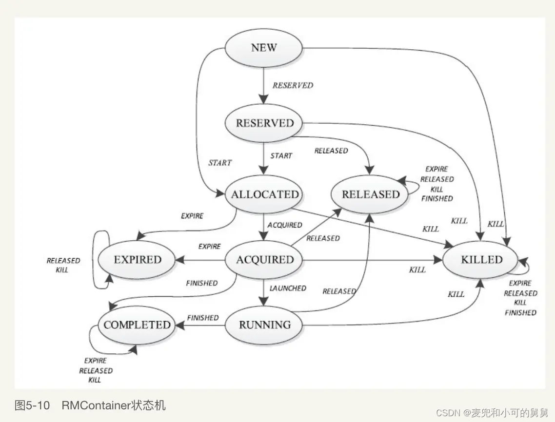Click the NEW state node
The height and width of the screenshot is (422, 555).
tap(264, 48)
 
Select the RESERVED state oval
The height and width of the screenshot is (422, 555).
tap(265, 123)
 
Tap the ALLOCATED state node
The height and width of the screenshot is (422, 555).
tap(265, 194)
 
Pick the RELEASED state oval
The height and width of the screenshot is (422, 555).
tap(371, 194)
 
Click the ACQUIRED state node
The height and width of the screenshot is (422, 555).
tap(265, 260)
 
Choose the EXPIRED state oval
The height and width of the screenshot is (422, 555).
tap(137, 260)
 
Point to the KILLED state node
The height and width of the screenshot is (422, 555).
tap(481, 260)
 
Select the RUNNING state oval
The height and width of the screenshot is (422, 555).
tap(265, 325)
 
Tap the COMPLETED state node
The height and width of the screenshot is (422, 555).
tap(137, 325)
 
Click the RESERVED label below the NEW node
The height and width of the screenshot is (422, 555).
tap(293, 85)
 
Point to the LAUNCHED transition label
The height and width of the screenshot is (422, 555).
tap(288, 288)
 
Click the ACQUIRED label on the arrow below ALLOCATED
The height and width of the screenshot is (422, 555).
tap(285, 225)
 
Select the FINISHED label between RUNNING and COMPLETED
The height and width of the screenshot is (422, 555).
tap(203, 318)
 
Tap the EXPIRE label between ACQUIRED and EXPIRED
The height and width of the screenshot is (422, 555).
tap(210, 247)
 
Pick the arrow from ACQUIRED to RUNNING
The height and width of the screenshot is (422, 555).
tap(264, 292)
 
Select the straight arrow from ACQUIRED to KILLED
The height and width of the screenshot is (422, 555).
tap(371, 260)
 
